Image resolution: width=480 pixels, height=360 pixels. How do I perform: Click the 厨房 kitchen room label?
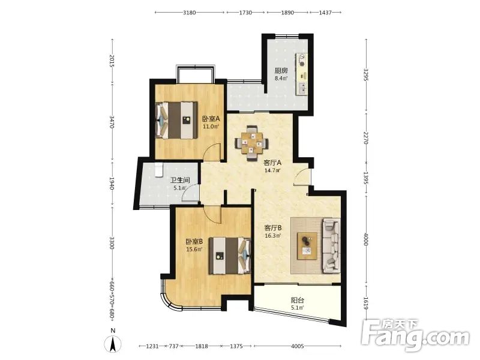click(281, 71)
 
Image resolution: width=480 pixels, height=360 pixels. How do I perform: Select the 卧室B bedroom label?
click(194, 242)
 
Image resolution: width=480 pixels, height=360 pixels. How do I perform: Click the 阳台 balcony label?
click(297, 301)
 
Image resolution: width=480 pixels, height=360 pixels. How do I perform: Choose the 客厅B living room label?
click(273, 228)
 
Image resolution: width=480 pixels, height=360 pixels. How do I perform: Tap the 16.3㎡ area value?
click(273, 236)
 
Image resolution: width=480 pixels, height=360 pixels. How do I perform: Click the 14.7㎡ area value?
click(272, 170)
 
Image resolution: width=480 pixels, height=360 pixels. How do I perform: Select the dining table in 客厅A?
click(251, 143)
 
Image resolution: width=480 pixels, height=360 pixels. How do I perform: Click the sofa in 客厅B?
click(331, 245)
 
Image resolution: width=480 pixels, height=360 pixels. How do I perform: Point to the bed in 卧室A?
click(176, 120)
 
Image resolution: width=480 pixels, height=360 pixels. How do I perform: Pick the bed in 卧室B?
click(230, 256)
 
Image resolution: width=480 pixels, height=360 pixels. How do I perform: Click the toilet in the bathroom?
click(158, 170)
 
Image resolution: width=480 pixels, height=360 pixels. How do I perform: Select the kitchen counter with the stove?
click(302, 74)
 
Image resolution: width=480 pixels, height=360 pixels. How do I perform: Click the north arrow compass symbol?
click(113, 343)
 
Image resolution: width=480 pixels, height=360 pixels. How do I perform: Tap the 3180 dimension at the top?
click(189, 13)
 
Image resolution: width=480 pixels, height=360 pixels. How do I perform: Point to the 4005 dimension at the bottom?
click(297, 346)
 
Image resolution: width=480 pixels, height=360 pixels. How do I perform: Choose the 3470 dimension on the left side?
click(112, 122)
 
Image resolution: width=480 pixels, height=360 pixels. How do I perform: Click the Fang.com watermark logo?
click(415, 336)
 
